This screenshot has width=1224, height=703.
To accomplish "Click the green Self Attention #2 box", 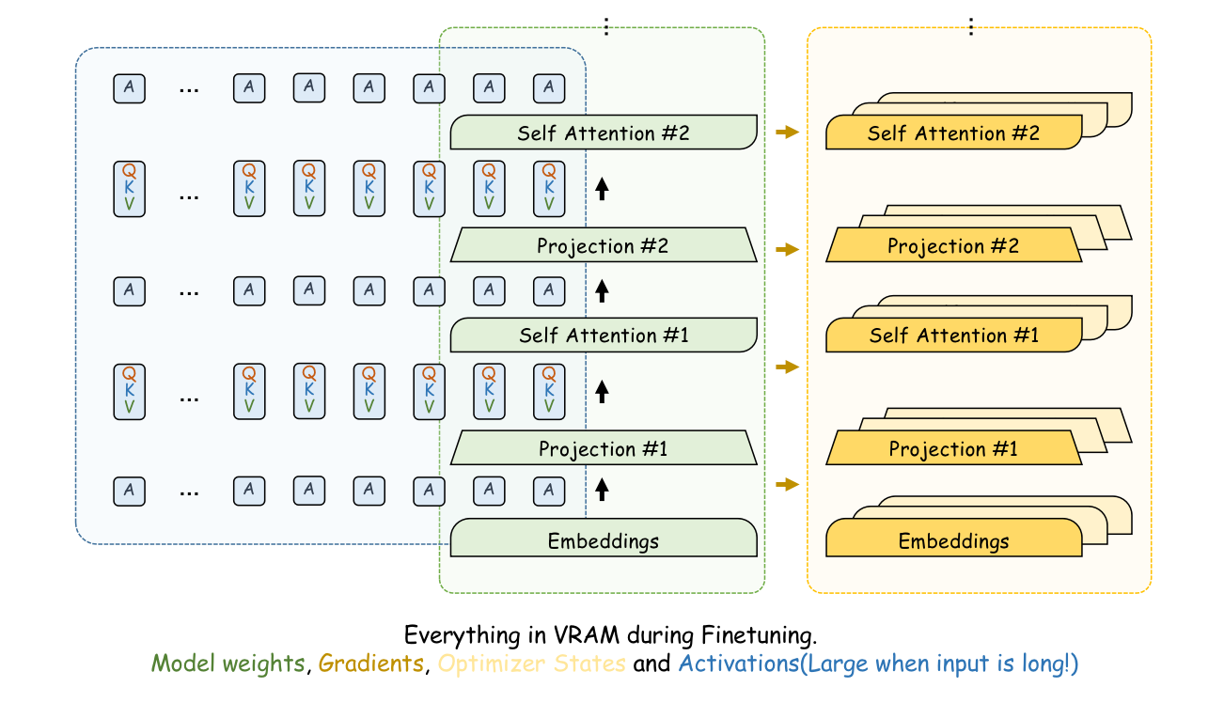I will (604, 133).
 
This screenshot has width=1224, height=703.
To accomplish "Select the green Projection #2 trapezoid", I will (604, 245).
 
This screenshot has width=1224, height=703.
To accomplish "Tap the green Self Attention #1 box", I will (604, 335).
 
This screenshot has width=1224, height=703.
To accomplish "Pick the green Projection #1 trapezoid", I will (604, 448).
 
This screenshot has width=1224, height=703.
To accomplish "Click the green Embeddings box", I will (604, 540).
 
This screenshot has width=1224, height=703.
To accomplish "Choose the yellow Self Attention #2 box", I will (953, 133).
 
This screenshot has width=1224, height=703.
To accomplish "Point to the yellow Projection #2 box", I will (953, 245).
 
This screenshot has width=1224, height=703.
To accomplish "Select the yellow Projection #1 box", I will (953, 448).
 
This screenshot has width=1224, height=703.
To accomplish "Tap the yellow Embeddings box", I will (953, 540).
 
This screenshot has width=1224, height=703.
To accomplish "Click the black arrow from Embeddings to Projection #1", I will (603, 488).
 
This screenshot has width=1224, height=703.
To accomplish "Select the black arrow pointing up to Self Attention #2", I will (603, 188).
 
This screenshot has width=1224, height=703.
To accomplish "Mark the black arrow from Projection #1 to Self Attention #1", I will (603, 391).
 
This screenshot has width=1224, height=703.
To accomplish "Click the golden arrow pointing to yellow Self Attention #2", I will (787, 133).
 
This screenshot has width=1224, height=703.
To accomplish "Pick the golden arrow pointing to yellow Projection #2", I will (787, 249).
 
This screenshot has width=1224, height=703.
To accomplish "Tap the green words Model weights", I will (228, 663).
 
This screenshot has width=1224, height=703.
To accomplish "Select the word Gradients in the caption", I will (370, 663).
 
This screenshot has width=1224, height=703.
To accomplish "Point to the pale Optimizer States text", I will (531, 663).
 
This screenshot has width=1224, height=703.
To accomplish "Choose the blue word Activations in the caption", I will (739, 663).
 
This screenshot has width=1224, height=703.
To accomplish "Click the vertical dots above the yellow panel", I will (971, 27).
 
